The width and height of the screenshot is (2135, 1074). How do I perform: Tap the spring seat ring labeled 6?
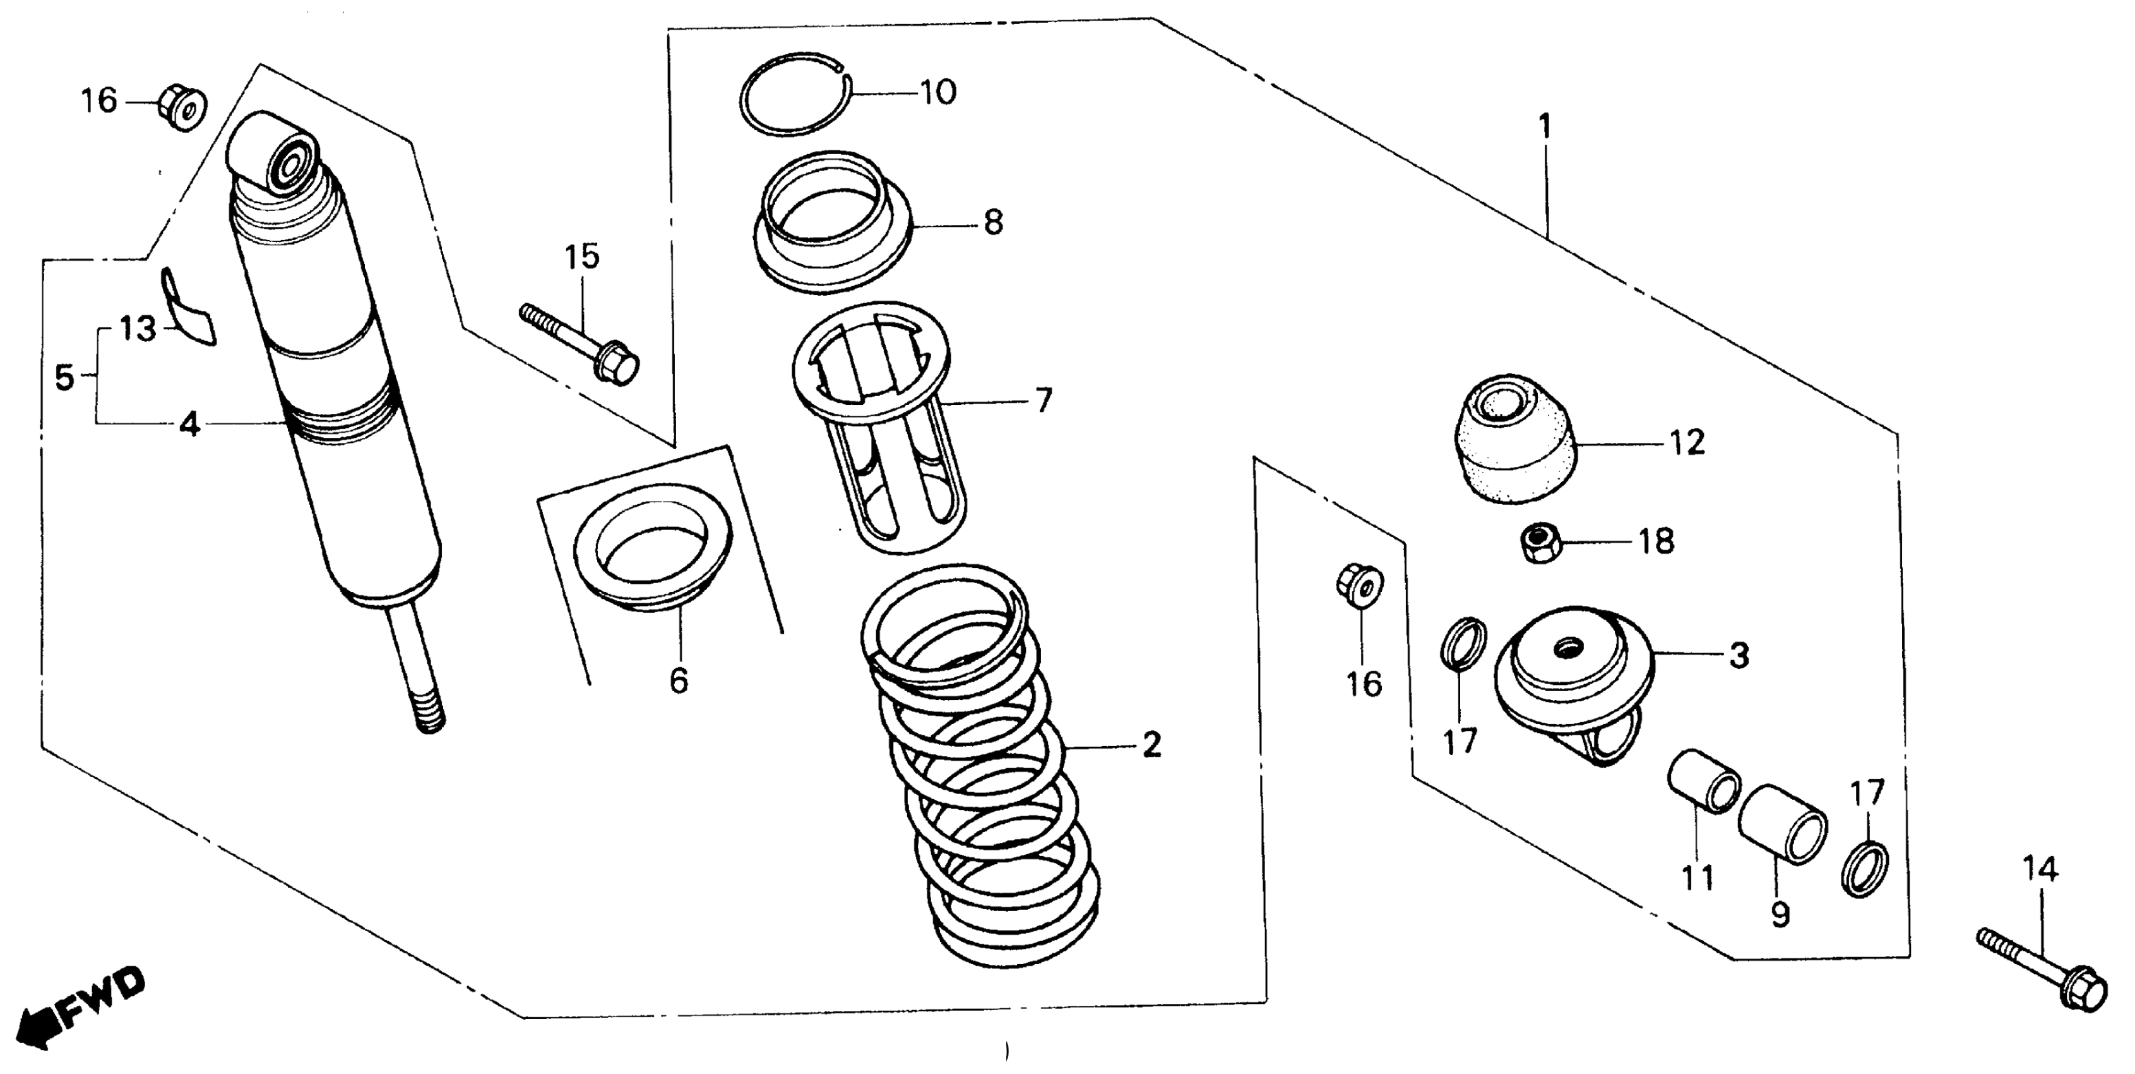tap(653, 557)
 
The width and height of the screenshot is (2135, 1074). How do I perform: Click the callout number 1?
tap(1543, 127)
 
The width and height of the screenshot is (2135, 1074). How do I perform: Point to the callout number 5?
tap(64, 378)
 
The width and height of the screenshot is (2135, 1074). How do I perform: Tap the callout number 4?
tap(190, 425)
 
